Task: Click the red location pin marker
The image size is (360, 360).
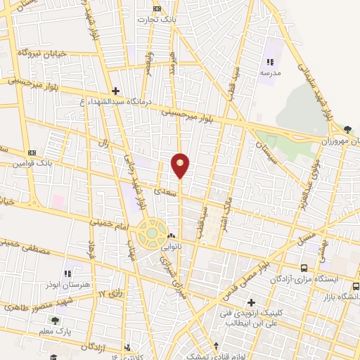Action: [181, 165]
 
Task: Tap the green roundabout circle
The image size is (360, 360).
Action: [150, 233]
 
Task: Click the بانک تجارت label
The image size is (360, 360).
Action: [157, 20]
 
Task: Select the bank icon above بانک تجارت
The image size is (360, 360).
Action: [157, 9]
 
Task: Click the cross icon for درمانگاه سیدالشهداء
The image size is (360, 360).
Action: [116, 91]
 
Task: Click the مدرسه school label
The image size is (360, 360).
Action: [270, 72]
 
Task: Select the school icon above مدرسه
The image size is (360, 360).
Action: [270, 62]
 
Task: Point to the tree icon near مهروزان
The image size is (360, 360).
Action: [348, 128]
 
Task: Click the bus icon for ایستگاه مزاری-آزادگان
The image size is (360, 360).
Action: [304, 268]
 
